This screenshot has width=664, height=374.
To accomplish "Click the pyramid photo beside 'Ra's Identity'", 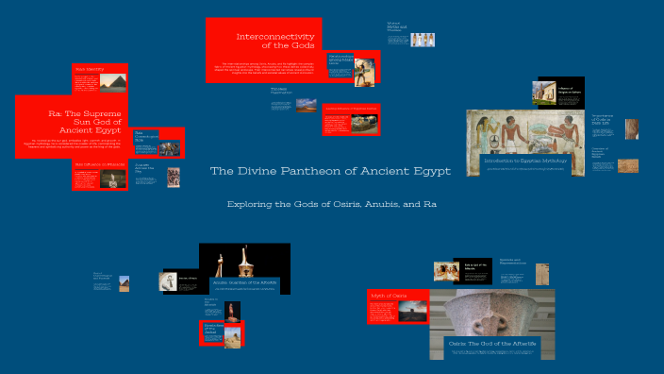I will coord(111,82).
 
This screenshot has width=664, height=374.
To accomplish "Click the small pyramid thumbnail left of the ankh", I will coord(124,282).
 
